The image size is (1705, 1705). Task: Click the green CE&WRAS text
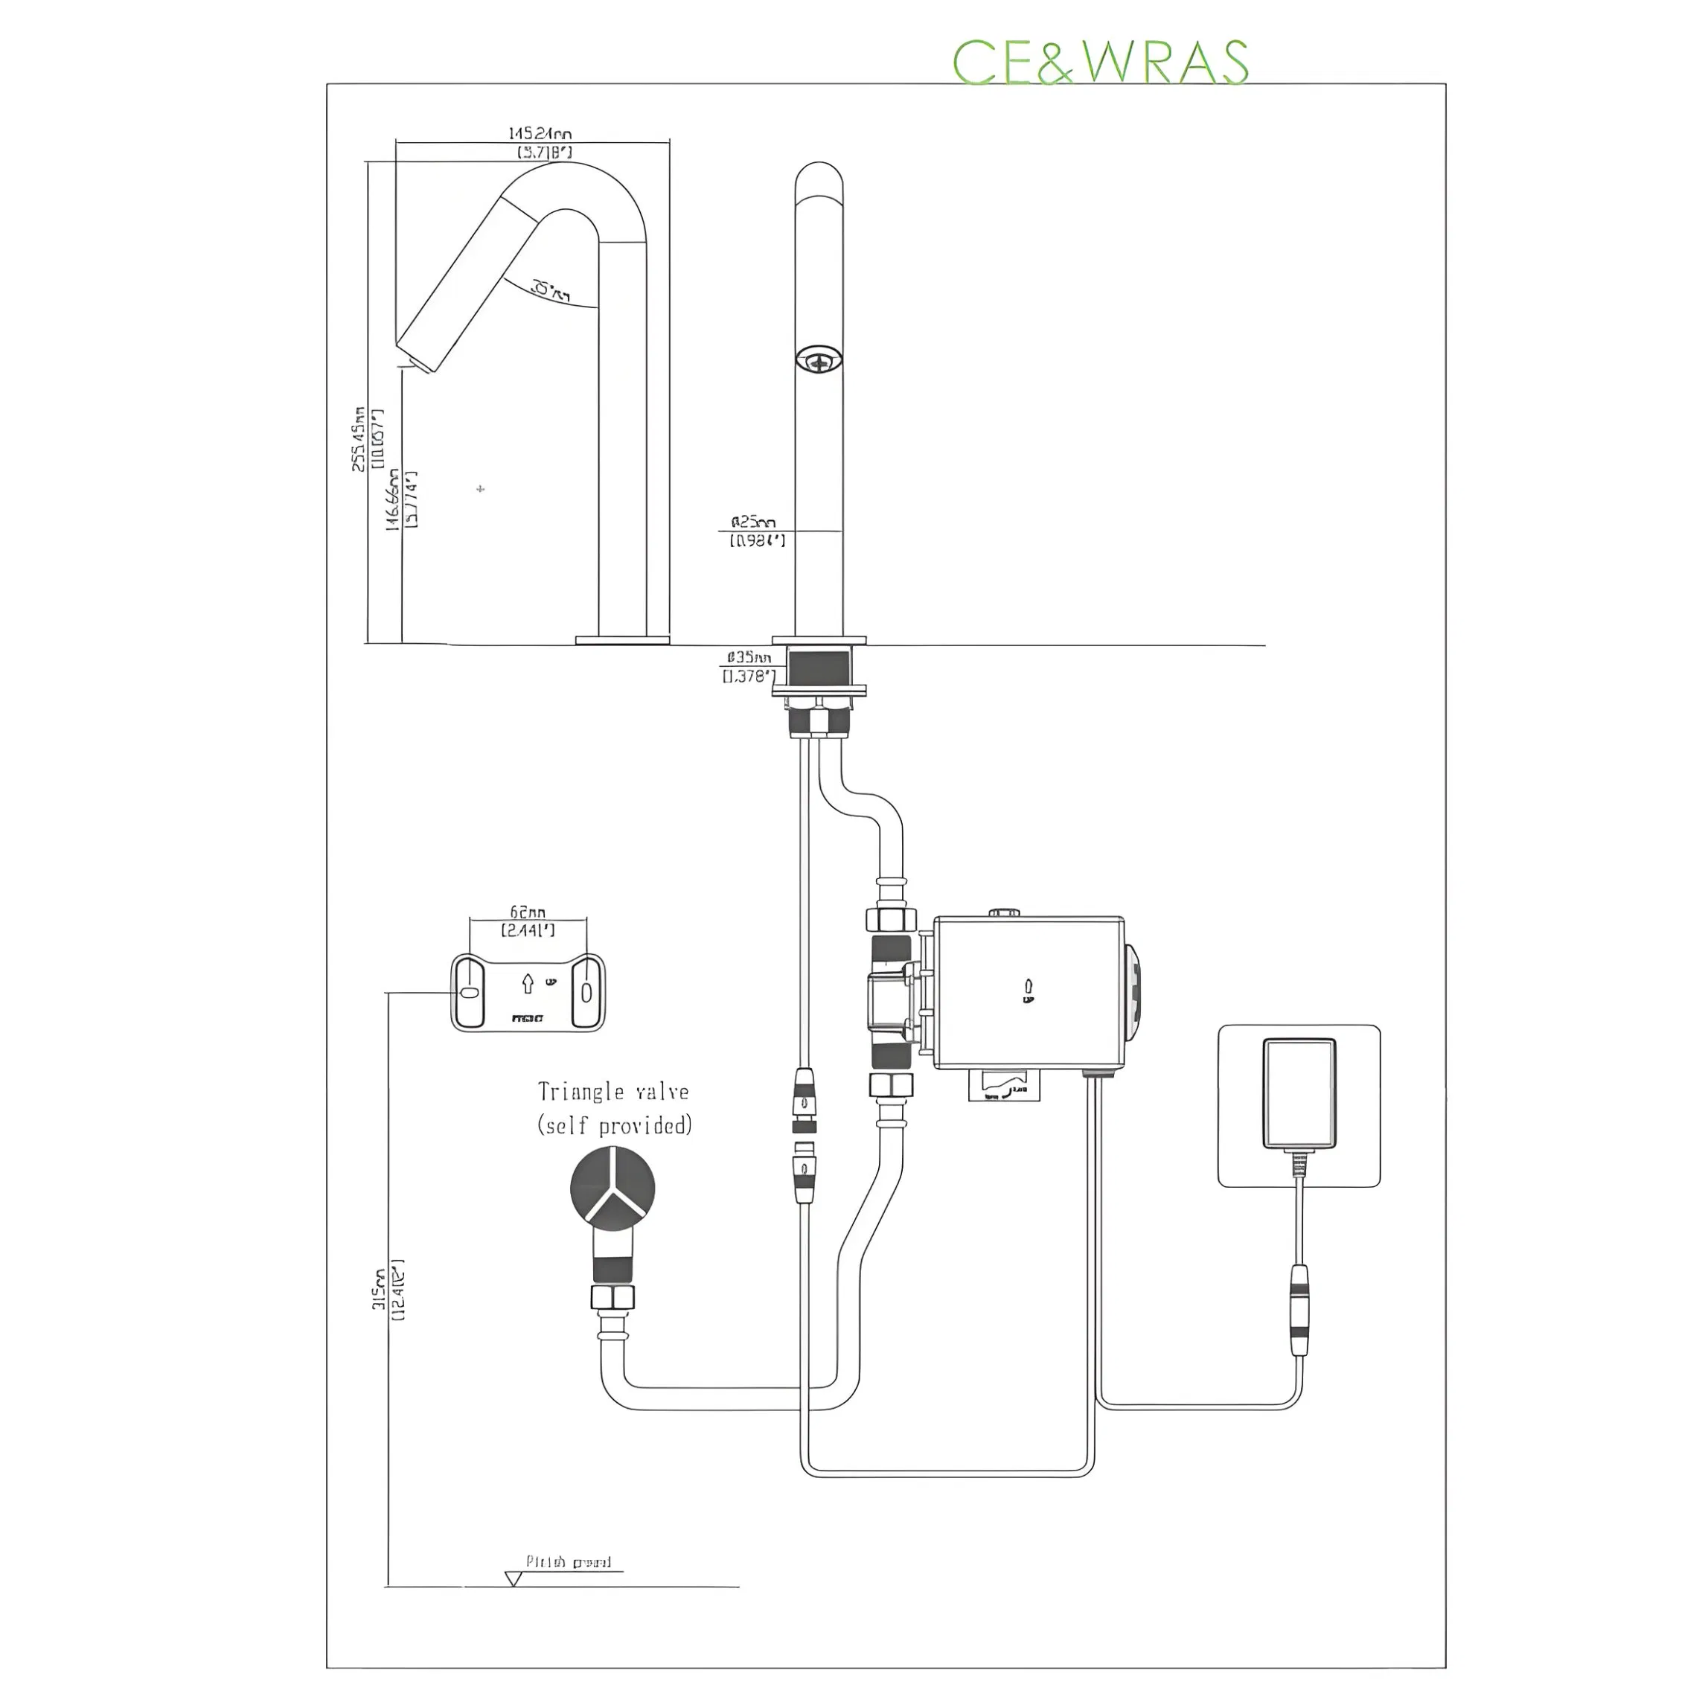point(1100,62)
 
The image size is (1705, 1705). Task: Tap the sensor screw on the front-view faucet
point(818,358)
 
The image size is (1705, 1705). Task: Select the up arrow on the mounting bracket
point(528,983)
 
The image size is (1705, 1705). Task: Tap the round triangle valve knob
point(612,1188)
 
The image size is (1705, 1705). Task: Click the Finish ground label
point(569,1562)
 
